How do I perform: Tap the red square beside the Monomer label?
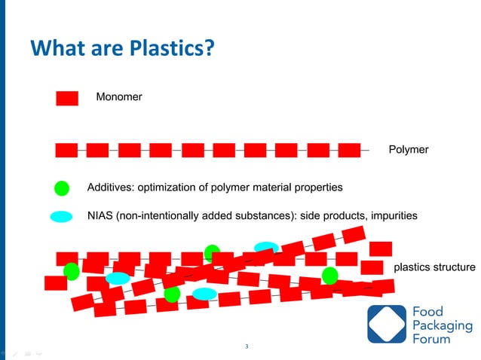pos(67,99)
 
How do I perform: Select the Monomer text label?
pos(118,97)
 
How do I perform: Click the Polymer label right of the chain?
pos(408,150)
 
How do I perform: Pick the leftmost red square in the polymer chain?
pos(66,150)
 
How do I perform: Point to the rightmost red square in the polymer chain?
pos(349,150)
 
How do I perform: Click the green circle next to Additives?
pos(63,188)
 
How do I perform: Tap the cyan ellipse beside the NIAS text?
pos(61,217)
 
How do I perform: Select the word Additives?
pos(112,187)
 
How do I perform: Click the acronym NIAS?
pos(100,215)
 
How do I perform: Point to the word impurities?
pos(393,215)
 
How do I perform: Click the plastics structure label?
pos(434,267)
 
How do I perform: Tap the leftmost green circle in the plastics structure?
pos(72,270)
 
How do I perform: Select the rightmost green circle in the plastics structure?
pos(329,276)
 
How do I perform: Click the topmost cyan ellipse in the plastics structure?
pos(266,247)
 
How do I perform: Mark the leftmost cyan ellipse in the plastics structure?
pos(118,279)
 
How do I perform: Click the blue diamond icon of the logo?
pos(386,325)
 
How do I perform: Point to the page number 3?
pos(247,346)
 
